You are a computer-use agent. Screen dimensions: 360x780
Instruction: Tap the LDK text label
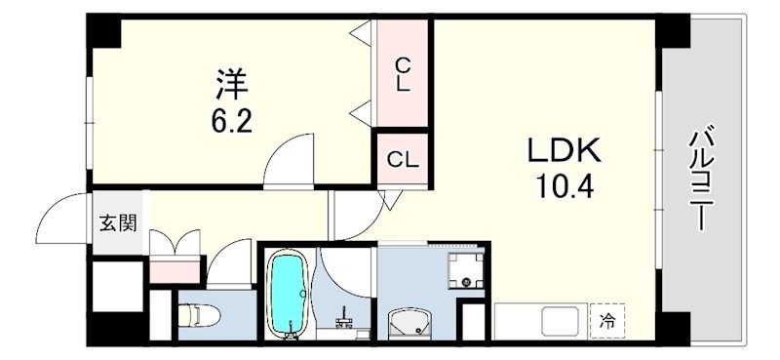tap(565, 151)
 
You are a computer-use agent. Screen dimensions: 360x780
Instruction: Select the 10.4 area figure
tap(565, 185)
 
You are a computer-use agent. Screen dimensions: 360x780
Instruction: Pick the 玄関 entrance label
tap(116, 221)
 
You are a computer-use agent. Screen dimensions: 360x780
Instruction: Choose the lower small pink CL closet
tap(402, 158)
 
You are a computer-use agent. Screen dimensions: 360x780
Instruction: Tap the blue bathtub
tap(288, 292)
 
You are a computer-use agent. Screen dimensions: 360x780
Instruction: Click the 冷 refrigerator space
tap(607, 320)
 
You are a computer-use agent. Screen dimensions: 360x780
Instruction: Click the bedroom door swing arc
tap(290, 156)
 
